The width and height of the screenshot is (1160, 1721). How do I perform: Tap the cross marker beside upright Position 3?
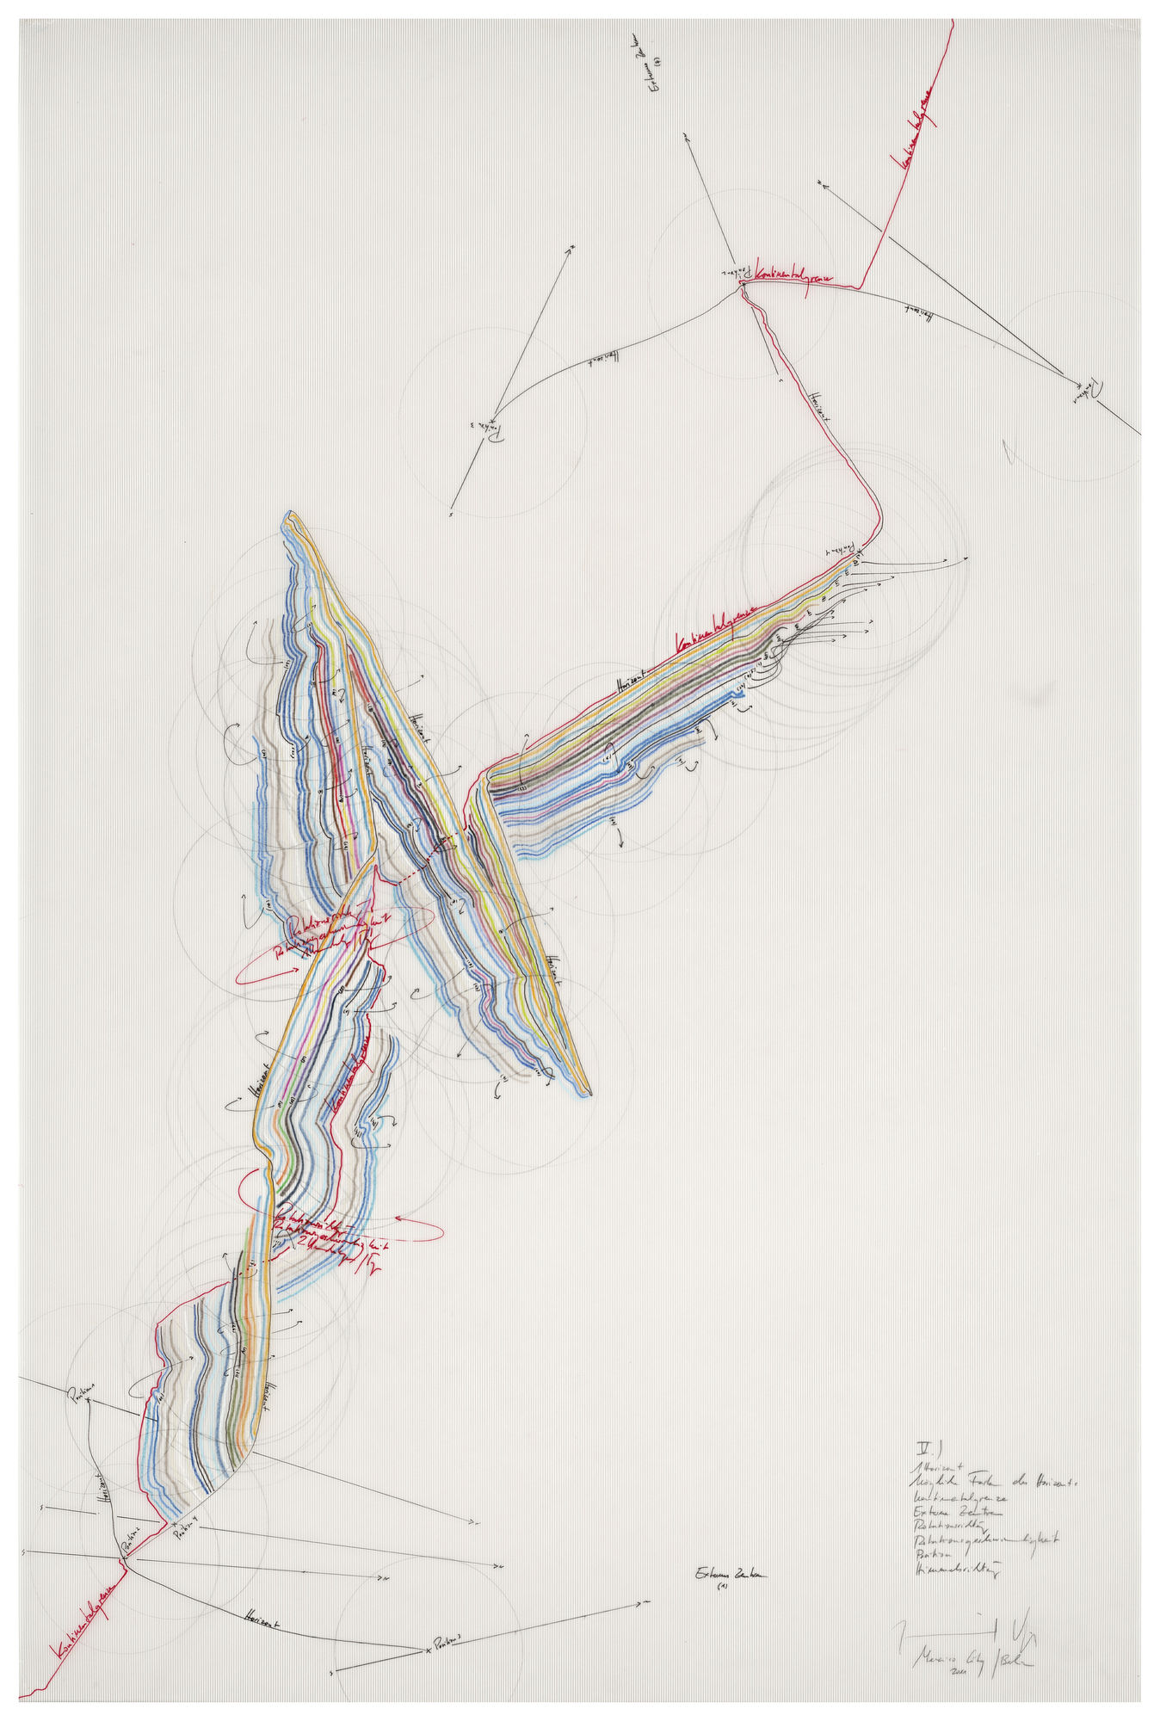pos(429,1650)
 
